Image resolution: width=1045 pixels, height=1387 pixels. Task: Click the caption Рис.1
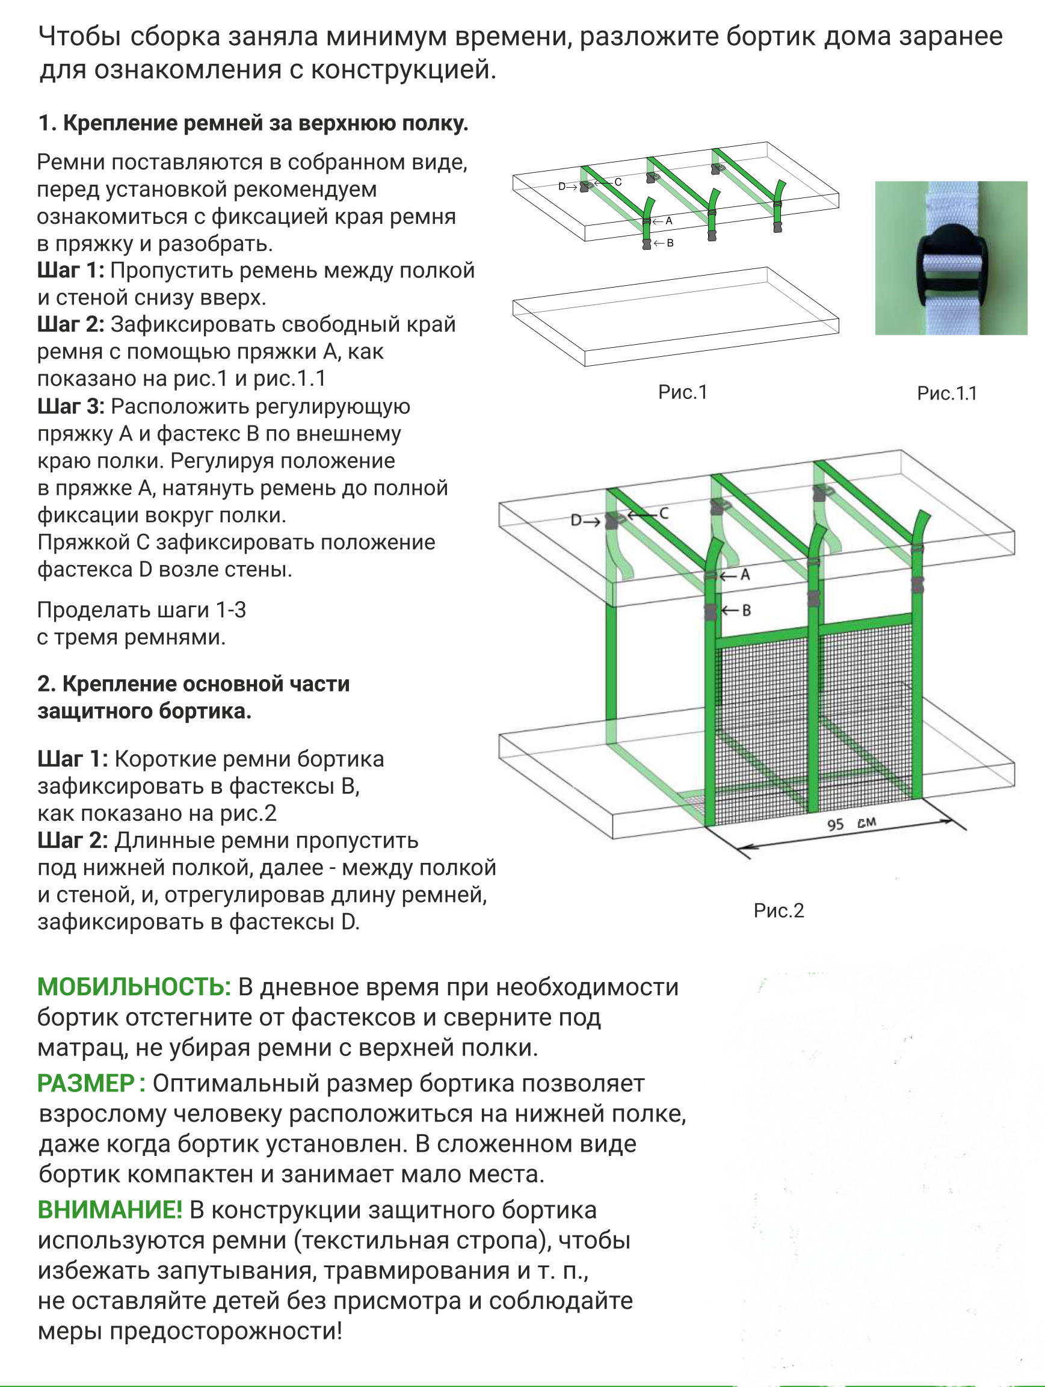pos(682,392)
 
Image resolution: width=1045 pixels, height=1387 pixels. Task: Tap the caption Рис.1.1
pos(946,393)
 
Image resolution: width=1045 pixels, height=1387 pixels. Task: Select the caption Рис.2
pos(778,910)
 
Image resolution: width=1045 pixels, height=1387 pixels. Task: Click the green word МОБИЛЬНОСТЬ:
pos(134,987)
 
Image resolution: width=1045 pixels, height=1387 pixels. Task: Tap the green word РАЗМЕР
pos(86,1083)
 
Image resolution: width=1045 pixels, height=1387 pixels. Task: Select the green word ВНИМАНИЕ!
pos(109,1209)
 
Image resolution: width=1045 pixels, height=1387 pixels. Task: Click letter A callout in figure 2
pos(745,575)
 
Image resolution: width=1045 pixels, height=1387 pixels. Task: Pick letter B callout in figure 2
pos(746,610)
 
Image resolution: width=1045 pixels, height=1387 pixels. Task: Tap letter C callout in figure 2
pos(664,513)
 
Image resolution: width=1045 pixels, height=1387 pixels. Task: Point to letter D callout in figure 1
pos(563,186)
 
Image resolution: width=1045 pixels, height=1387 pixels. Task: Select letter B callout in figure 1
pos(670,243)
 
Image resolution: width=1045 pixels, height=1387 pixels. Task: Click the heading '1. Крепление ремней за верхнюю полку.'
pos(253,123)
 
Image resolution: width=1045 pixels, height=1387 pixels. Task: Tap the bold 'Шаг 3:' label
pos(71,406)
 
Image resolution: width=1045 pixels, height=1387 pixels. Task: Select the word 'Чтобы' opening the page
pos(79,36)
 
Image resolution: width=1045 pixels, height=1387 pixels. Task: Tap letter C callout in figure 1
pos(617,182)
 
